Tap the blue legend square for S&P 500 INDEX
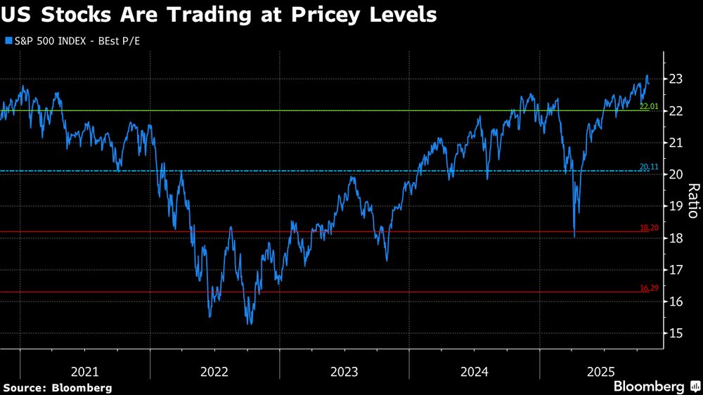(x=8, y=41)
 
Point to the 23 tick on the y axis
(x=676, y=79)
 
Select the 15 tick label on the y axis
(x=676, y=333)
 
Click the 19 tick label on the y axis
(x=676, y=206)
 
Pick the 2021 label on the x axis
(x=85, y=372)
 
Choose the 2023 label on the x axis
(x=344, y=372)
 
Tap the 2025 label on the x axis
(x=602, y=372)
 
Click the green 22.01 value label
(x=648, y=106)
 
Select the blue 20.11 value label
(x=648, y=167)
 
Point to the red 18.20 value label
(x=648, y=228)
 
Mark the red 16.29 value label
(x=648, y=288)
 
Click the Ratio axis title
(x=692, y=200)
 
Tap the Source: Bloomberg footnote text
(x=58, y=387)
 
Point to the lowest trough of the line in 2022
(x=250, y=324)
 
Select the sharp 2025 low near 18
(x=574, y=237)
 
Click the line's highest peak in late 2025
(x=647, y=76)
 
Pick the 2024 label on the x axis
(x=474, y=372)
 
